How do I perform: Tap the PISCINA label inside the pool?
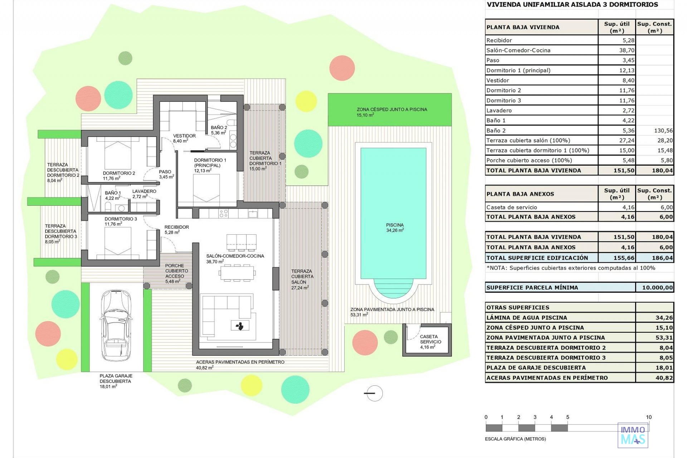coord(395,225)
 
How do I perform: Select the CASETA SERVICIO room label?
coord(430,339)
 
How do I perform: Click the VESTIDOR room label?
coord(184,136)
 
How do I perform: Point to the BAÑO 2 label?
coord(219,127)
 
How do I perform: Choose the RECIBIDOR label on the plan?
coord(176,227)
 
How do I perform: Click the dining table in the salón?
coord(237,273)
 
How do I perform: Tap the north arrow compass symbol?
coord(374,393)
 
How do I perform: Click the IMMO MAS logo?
coord(633,435)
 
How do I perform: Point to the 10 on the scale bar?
coord(649,417)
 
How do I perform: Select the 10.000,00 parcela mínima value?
coord(657,287)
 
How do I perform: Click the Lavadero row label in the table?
coord(499,111)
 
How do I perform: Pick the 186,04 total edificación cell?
coord(662,258)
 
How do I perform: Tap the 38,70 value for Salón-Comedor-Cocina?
coord(627,50)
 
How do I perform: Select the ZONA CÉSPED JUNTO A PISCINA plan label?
coord(392,109)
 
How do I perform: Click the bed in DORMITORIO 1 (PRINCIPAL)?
coord(206,188)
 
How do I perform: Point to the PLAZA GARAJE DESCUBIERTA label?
coord(116,379)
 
